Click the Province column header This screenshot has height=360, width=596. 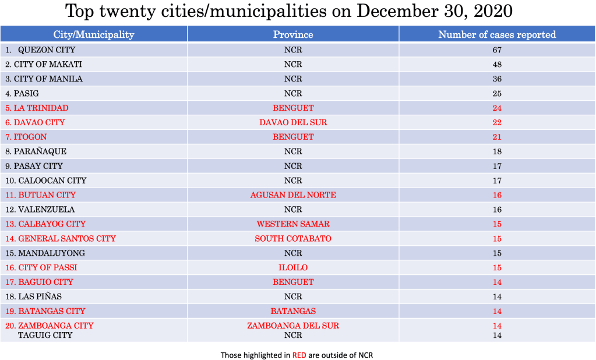[x=293, y=34]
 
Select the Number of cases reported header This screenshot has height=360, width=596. [x=497, y=34]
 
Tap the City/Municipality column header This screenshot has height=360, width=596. [x=94, y=34]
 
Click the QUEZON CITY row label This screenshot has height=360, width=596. [x=47, y=50]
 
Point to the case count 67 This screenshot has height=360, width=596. [x=497, y=50]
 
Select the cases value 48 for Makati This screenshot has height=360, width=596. [x=497, y=65]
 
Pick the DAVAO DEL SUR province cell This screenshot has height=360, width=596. [x=293, y=122]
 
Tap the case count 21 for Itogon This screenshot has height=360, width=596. [x=497, y=137]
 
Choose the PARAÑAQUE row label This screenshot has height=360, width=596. [x=40, y=151]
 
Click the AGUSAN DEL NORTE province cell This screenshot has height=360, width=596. [x=293, y=195]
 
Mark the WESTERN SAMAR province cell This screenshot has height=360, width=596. [x=293, y=224]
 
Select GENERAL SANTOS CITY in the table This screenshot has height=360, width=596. [x=67, y=238]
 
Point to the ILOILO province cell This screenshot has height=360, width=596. [x=293, y=267]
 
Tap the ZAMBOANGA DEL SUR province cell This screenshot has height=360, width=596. [x=293, y=326]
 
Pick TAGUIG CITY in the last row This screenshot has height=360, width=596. [x=45, y=335]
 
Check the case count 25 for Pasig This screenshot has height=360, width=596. [x=497, y=93]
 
